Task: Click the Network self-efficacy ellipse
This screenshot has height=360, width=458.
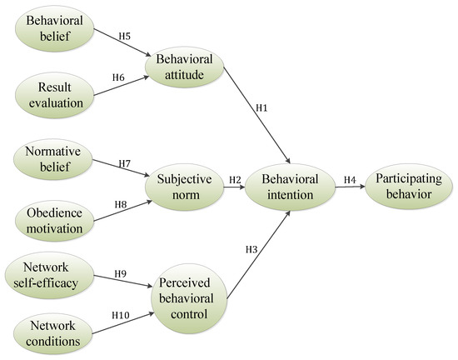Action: tap(49, 276)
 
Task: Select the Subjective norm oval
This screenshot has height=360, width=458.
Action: tap(185, 187)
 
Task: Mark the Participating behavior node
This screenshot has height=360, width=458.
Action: tap(408, 187)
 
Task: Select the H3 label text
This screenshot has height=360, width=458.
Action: tap(251, 248)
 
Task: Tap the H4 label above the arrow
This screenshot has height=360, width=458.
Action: tap(349, 179)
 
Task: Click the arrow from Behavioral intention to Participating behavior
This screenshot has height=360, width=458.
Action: tap(349, 187)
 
